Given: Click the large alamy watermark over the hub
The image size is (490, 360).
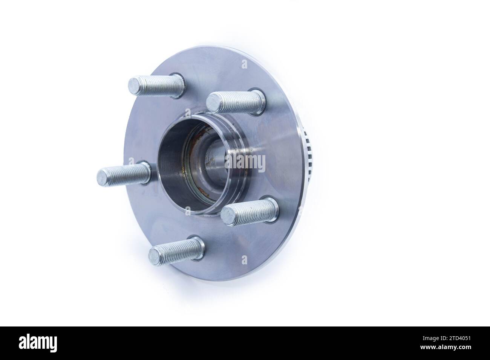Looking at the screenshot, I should pos(245,162).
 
